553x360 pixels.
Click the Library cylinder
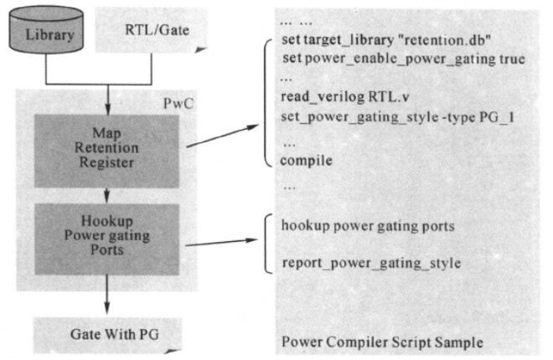point(46,29)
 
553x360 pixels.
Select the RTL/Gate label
point(157,30)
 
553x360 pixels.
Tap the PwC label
point(178,104)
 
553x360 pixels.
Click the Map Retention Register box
point(106,151)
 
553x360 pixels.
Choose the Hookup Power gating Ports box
point(107,239)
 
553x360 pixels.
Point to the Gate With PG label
point(115,334)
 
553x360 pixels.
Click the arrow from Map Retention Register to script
point(223,136)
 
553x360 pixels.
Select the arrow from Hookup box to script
point(221,242)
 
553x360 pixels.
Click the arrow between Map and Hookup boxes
point(107,196)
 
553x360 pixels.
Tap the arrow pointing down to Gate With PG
point(107,302)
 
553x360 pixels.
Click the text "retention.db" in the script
point(444,40)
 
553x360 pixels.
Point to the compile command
point(306,161)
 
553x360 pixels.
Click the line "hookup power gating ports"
point(368,226)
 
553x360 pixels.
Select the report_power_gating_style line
point(371,263)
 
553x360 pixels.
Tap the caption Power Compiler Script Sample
point(382,342)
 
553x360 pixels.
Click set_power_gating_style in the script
point(359,117)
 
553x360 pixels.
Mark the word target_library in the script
point(349,40)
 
